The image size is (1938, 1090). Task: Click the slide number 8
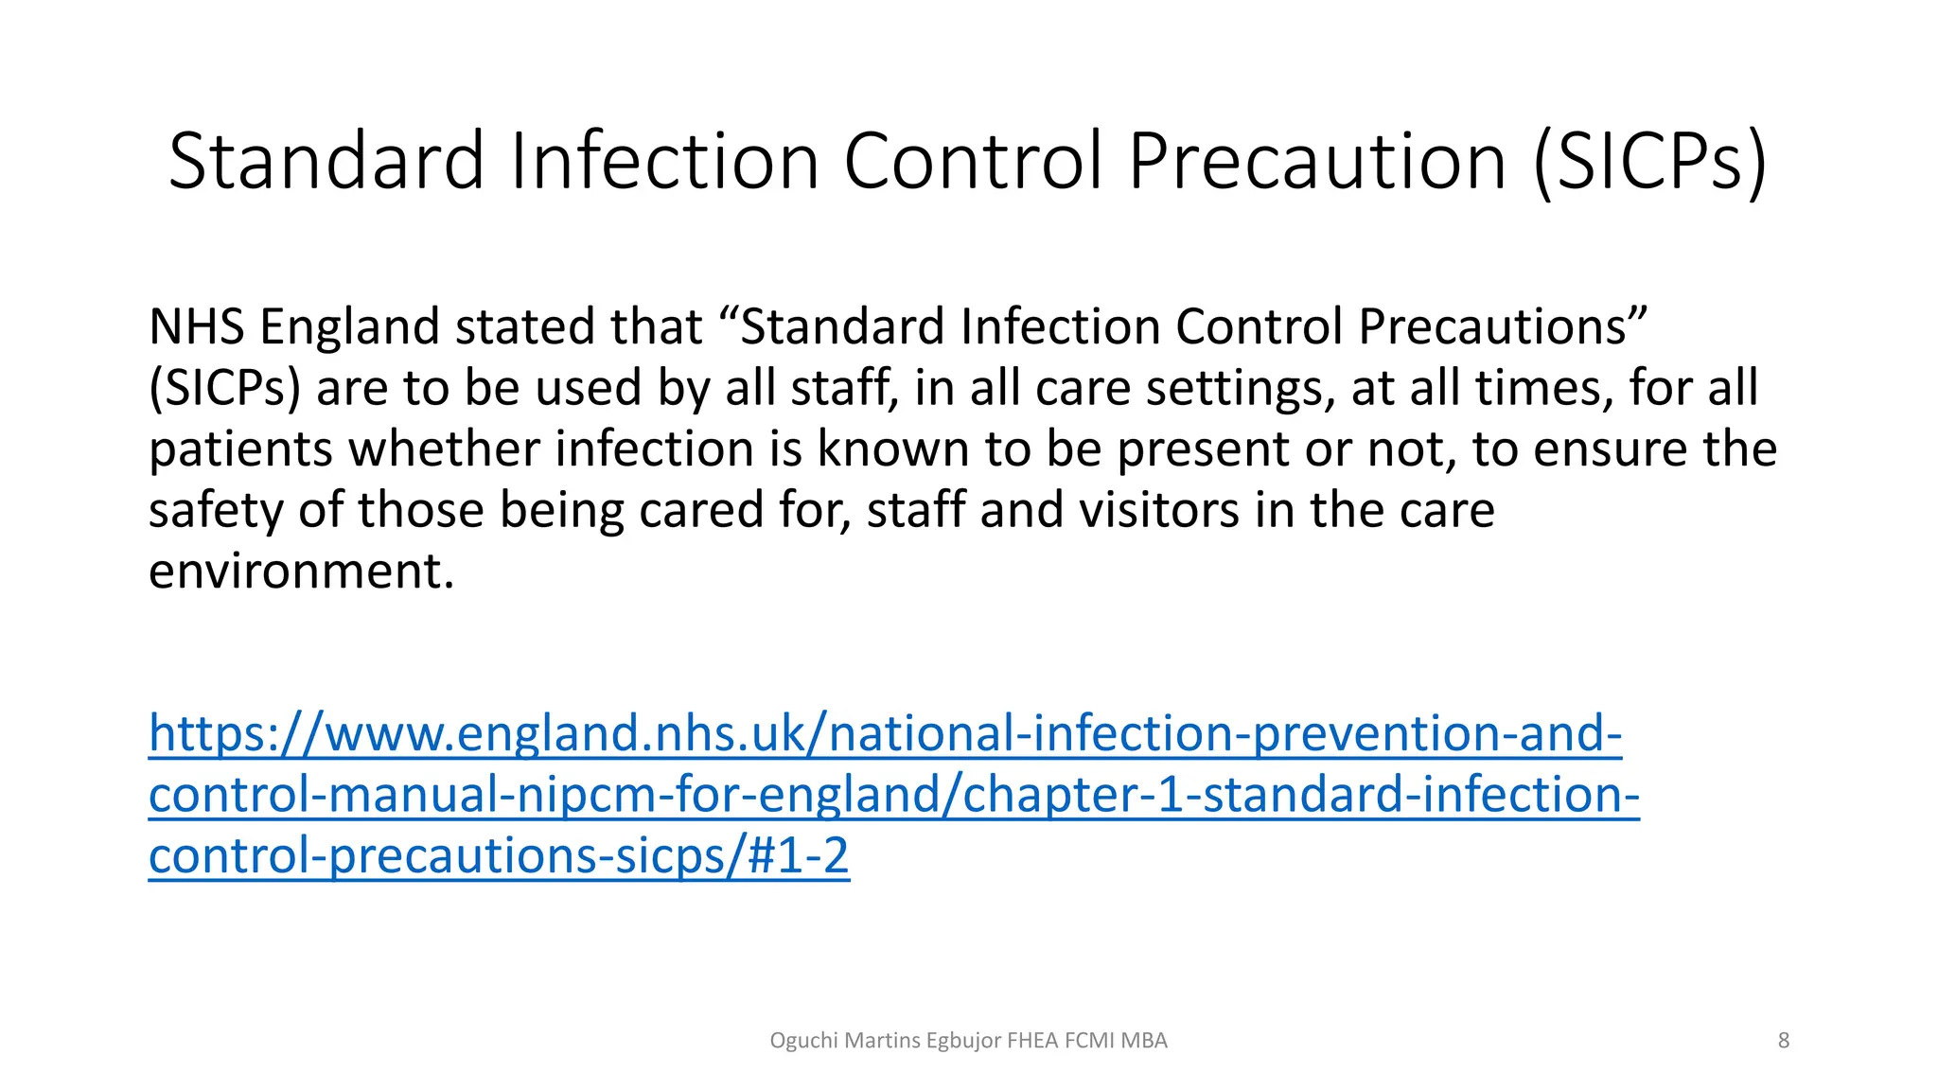(1783, 1041)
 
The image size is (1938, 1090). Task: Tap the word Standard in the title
(326, 161)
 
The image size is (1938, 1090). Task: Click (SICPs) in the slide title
(1650, 163)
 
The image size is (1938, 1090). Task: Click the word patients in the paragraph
(240, 450)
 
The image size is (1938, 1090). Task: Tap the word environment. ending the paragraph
(301, 571)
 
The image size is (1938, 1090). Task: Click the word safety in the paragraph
(216, 512)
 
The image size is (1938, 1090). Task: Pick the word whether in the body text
(444, 449)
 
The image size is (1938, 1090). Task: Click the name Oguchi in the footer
(803, 1041)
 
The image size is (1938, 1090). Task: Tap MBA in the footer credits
(1144, 1041)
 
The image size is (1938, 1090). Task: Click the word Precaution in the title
(1316, 161)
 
